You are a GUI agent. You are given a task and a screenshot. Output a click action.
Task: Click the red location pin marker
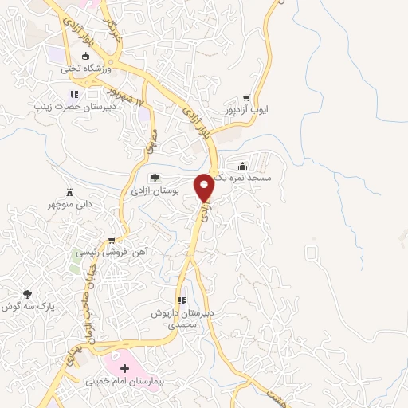tap(204, 187)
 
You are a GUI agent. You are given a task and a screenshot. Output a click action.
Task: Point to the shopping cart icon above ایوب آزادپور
tap(257, 97)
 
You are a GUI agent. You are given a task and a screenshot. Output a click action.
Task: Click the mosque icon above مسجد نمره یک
tap(242, 167)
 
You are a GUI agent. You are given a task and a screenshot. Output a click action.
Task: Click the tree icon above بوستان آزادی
tap(154, 178)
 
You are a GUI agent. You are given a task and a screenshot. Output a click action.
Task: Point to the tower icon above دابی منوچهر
tap(69, 192)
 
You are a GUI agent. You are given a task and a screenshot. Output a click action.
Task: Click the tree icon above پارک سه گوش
tap(28, 294)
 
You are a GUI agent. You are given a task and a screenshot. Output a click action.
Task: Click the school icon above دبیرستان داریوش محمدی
tap(182, 301)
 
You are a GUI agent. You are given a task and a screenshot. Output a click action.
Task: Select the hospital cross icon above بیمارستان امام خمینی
tap(124, 370)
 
